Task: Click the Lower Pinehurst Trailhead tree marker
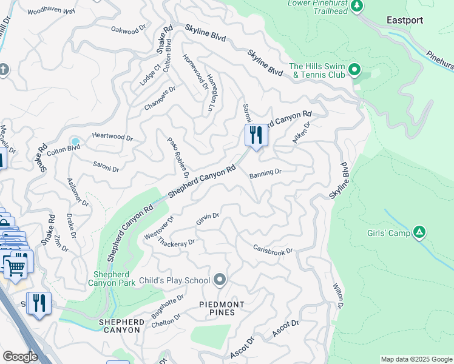(x=357, y=6)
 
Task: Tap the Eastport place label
(x=405, y=20)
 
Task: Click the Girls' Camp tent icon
(x=419, y=232)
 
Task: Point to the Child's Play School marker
(x=220, y=280)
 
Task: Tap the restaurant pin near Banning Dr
(x=256, y=135)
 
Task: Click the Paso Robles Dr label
(x=178, y=157)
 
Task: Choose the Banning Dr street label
(x=265, y=173)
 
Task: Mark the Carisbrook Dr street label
(x=273, y=249)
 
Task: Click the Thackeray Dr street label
(x=176, y=243)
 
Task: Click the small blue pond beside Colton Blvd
(x=75, y=141)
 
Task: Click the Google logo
(x=20, y=357)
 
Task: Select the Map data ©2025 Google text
(x=416, y=359)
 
